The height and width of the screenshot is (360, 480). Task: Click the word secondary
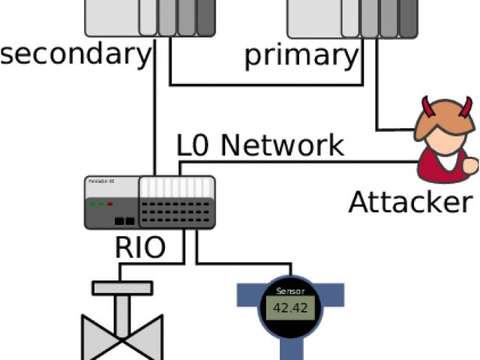coord(75,55)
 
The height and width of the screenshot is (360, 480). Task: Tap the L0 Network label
coord(259,144)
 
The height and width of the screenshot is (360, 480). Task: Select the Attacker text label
coord(411,202)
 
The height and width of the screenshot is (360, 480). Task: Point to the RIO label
coord(140,247)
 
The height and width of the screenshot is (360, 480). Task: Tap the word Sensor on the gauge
coord(290,291)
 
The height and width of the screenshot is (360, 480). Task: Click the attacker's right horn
coord(467,106)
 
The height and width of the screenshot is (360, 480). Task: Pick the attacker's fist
coord(471,163)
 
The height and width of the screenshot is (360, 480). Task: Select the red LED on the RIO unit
coord(110,203)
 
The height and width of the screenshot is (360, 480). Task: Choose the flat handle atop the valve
coord(121,288)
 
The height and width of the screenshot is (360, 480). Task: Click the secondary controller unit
coord(150,17)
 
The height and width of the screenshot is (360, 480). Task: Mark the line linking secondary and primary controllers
coord(267,85)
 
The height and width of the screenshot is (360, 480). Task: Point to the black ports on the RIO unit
coord(124,221)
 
